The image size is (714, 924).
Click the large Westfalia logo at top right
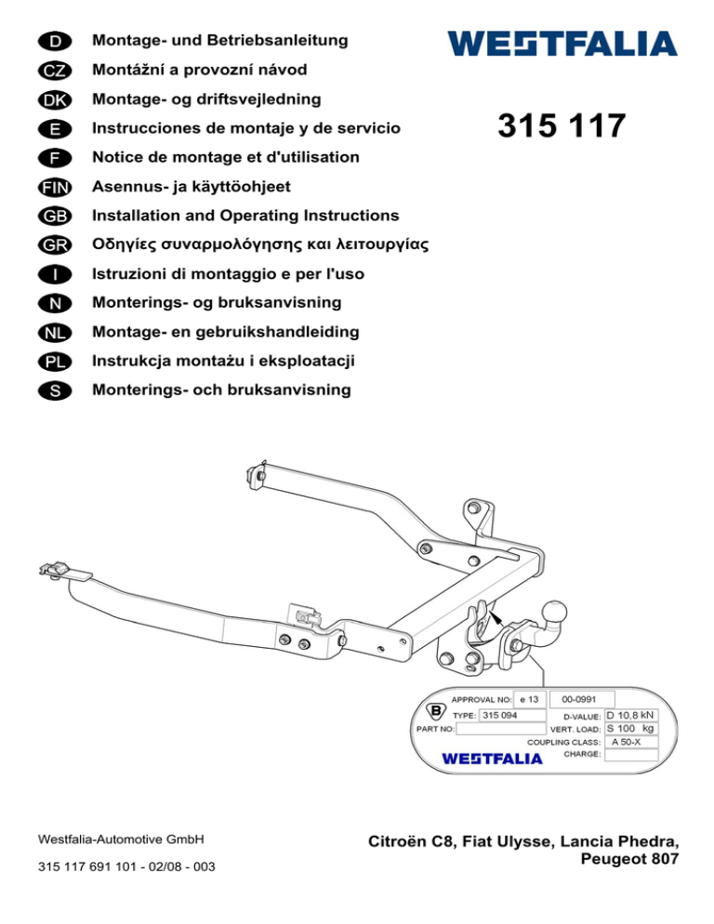[x=562, y=44]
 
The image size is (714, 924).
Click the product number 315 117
[x=562, y=125]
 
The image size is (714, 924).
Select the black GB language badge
[x=55, y=217]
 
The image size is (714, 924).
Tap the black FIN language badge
[x=55, y=188]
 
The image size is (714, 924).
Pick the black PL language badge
[x=55, y=362]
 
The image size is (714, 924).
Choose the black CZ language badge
[x=55, y=71]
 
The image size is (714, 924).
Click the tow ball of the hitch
[x=554, y=612]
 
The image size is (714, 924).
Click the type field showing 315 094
[x=512, y=716]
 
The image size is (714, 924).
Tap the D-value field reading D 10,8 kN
[x=631, y=716]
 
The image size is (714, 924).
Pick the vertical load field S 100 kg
[x=631, y=729]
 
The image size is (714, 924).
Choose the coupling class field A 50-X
[x=631, y=742]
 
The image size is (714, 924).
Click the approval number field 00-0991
[x=581, y=699]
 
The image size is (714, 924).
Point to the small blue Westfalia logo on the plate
[x=492, y=758]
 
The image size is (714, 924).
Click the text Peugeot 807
[x=629, y=859]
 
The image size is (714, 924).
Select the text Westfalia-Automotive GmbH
[x=121, y=839]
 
